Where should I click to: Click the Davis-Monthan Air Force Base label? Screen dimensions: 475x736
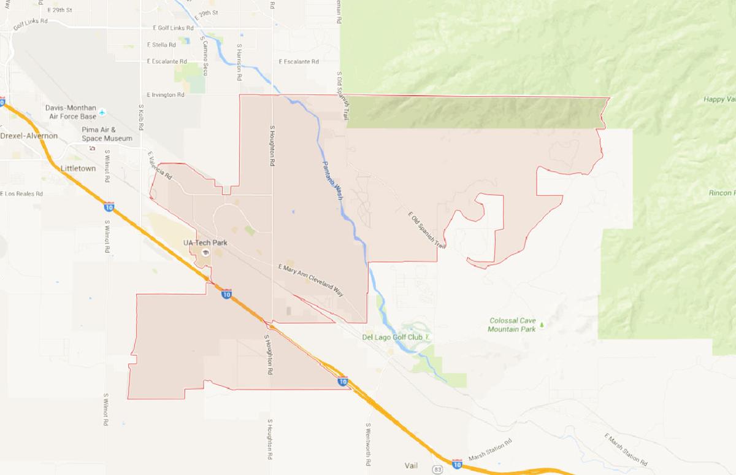click(71, 112)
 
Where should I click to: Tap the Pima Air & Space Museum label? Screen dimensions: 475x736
click(107, 134)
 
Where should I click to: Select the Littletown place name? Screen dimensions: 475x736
click(78, 168)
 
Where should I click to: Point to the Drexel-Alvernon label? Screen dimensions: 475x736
click(29, 136)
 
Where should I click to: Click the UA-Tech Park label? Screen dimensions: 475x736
click(205, 243)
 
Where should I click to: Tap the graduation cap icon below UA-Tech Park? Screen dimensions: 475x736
click(205, 252)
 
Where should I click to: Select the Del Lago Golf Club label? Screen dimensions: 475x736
click(393, 337)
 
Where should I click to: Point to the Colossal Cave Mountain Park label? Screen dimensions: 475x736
click(512, 325)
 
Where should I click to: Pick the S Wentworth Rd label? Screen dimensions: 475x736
click(369, 442)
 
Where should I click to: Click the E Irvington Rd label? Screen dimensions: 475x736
click(166, 95)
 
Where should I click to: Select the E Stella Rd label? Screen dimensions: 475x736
click(162, 45)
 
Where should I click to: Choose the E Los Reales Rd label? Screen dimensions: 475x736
click(21, 194)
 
